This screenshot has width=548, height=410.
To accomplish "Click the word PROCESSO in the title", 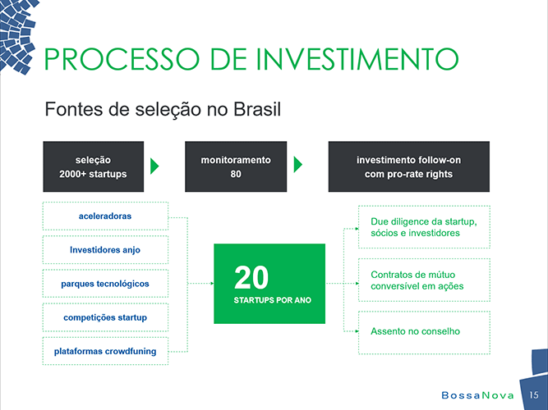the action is (122, 58).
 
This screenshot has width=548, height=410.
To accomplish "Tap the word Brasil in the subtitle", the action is (257, 109).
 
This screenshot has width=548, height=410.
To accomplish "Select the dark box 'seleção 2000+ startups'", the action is (94, 166).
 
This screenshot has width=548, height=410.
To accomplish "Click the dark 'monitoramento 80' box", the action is (236, 166).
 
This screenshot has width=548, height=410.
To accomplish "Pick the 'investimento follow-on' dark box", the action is (409, 166).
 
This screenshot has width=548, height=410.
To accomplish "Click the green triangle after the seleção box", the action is (154, 166).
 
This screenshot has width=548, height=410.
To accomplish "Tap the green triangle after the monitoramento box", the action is (297, 165).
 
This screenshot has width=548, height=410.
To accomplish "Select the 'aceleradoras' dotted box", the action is (105, 216).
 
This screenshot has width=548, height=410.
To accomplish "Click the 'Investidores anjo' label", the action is (105, 250).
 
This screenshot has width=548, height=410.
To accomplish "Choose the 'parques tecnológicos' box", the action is (105, 284).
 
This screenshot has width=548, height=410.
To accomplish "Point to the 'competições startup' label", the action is (105, 317).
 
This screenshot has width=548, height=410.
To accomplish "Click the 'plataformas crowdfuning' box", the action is (105, 351).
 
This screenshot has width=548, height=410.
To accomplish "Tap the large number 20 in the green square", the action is (251, 277).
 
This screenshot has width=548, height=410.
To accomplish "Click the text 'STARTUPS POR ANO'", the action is (273, 300).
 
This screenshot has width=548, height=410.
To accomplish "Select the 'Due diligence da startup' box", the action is (424, 227).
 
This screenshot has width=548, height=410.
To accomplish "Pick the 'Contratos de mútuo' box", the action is (424, 280).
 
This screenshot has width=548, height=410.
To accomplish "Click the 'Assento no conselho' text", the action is (415, 331).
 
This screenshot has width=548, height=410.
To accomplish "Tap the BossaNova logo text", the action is (477, 395).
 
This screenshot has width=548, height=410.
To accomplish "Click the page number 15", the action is (534, 395).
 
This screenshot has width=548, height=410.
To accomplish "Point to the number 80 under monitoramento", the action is (236, 174).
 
